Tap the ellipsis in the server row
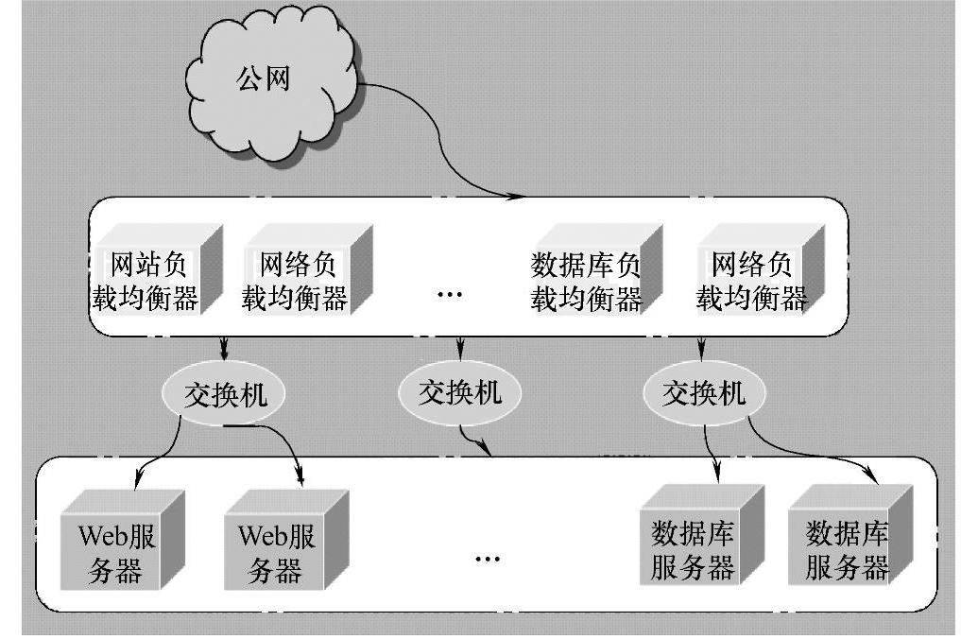(487, 558)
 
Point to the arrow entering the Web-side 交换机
(225, 346)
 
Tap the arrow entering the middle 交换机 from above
(460, 346)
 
